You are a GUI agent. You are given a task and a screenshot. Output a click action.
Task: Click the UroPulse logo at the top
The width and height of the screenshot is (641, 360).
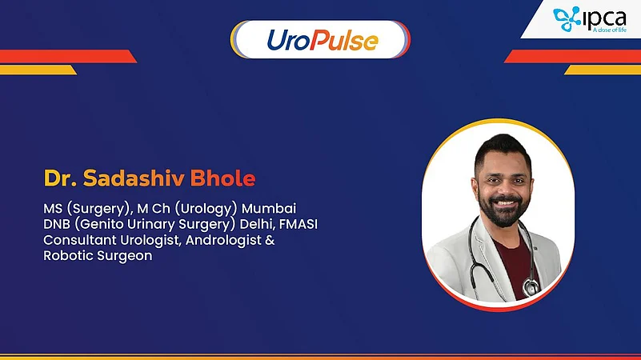tap(320, 40)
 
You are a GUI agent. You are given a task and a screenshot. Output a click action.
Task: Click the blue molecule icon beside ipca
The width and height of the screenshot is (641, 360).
tap(567, 20)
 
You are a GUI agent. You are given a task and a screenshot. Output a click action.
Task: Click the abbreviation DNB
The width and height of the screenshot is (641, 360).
tap(59, 225)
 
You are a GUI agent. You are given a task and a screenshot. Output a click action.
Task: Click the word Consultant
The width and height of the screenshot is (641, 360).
tap(80, 241)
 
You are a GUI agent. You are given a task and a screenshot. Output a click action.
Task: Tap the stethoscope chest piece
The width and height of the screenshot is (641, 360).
tap(530, 286)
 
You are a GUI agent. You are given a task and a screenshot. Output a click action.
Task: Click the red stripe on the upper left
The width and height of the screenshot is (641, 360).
tap(64, 56)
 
